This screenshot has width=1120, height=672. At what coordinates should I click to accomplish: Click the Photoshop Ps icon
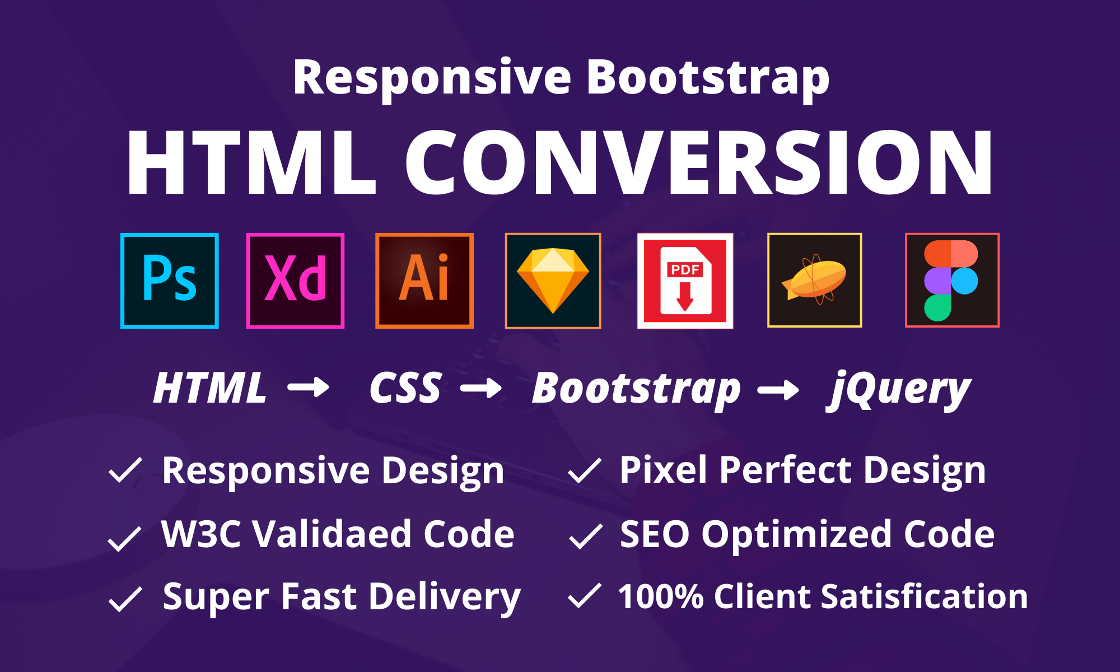coord(170,281)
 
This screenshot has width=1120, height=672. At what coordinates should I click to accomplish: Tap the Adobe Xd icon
coord(295,281)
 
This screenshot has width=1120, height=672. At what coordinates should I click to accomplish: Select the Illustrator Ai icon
coord(424,281)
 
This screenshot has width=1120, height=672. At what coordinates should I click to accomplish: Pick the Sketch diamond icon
coord(553,281)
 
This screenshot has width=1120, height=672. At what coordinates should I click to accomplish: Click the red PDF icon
coord(685,281)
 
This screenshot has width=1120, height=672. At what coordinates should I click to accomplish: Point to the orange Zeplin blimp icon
coord(814,281)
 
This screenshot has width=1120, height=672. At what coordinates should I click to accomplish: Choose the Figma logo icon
coord(952,281)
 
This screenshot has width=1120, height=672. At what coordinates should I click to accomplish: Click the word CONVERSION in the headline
coord(698,162)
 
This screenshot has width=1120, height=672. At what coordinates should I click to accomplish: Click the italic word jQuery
coord(899,389)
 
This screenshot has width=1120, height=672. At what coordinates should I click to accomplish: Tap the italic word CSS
coord(405,388)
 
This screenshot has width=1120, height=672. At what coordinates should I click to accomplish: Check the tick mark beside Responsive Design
coord(125,470)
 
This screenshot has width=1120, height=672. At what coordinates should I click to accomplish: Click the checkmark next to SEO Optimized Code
coord(585,536)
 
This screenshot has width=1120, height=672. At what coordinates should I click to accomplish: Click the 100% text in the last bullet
coord(661,596)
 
